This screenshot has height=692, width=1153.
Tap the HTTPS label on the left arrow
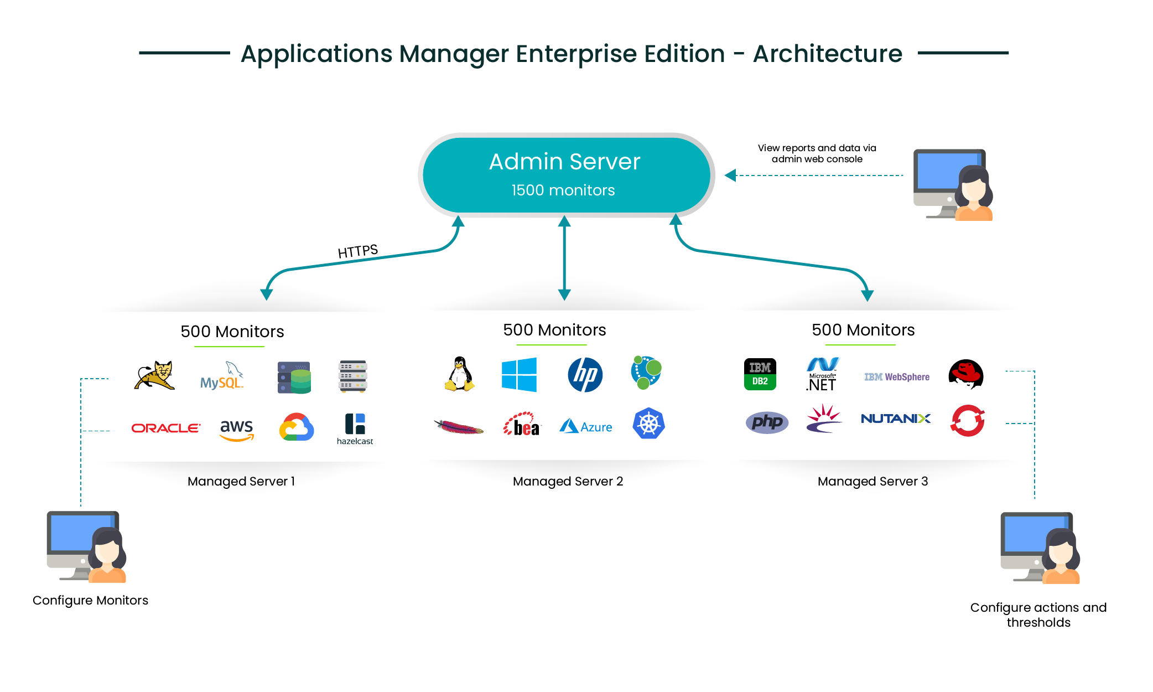[x=357, y=251]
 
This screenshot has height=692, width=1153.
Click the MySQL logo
[x=221, y=376]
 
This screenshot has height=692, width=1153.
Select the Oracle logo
[x=165, y=428]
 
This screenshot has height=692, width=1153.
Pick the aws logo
[x=237, y=429]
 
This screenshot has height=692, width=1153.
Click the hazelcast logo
[x=355, y=428]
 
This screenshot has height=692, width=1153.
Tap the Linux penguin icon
[x=460, y=374]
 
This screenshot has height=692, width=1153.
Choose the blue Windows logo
[x=519, y=375]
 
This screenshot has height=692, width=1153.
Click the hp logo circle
[x=585, y=375]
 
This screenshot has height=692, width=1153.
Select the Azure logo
[x=586, y=427]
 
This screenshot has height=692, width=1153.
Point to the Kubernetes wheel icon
[x=648, y=424]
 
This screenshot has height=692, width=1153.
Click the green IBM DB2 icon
[x=760, y=374]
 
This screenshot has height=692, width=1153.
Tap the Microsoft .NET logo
[x=822, y=375]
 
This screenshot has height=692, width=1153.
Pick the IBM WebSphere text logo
[x=897, y=377]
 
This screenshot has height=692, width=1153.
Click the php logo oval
[x=767, y=422]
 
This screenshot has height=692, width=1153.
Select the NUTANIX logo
[x=895, y=419]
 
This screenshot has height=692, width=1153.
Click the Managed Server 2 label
[x=568, y=481]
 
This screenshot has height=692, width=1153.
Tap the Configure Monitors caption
[x=90, y=600]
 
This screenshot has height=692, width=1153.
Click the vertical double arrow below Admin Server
[x=564, y=257]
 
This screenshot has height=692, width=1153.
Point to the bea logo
[x=521, y=425]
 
